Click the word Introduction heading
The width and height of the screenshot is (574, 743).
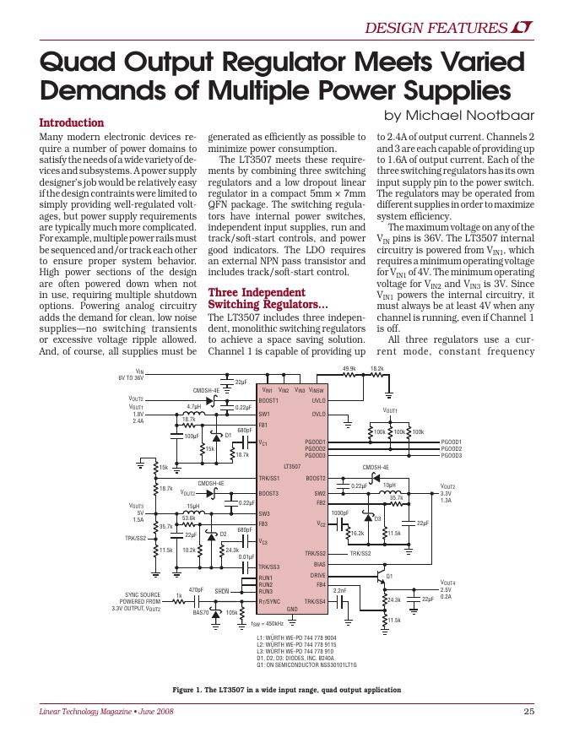coord(72,122)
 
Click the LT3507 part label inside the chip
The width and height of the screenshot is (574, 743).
coord(292,466)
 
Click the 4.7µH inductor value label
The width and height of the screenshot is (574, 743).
coord(193,405)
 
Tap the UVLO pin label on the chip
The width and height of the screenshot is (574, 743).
coord(317,401)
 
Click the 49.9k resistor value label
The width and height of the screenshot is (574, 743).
coord(349,369)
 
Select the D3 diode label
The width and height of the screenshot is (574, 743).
coord(378,518)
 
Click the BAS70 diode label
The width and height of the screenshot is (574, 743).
coord(201,613)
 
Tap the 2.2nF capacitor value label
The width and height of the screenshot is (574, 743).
coord(341,590)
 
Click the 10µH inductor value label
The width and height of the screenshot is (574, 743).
coord(389,485)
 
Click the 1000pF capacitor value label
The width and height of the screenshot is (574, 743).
coord(339,513)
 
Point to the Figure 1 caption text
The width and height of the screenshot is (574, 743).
coord(286,690)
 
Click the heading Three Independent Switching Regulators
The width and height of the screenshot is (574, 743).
coord(268,298)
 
